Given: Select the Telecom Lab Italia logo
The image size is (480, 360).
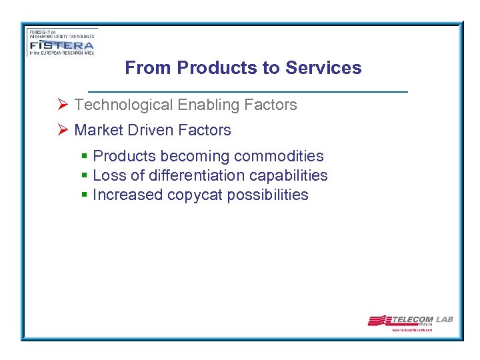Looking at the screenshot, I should (410, 321).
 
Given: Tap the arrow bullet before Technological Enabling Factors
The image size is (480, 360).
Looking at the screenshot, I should (63, 105).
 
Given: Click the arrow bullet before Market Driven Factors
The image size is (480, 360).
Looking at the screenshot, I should (63, 130).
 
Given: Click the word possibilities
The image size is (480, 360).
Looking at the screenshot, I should (268, 195).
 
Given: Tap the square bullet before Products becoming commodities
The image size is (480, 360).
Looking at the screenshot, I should (84, 156).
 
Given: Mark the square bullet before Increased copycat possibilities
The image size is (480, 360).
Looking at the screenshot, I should (84, 195).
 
